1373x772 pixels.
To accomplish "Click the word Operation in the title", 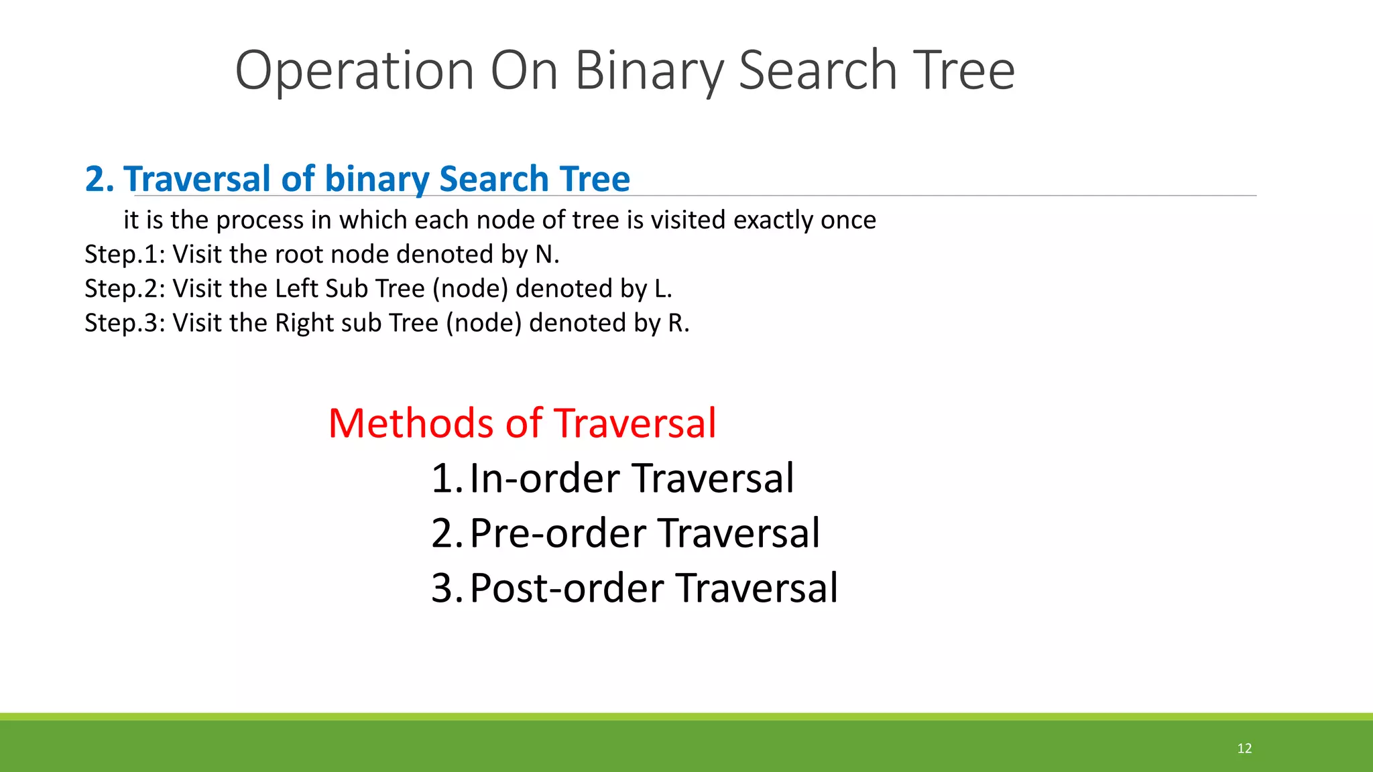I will [355, 71].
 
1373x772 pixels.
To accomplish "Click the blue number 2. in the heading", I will [99, 180].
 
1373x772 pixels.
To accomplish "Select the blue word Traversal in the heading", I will [197, 180].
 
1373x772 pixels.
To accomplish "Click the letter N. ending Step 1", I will [547, 255].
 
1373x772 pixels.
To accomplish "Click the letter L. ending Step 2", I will [662, 289].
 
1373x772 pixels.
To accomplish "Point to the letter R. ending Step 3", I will [678, 323].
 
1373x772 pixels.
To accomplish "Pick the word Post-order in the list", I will [566, 588].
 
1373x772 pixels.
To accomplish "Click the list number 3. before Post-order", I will [446, 588].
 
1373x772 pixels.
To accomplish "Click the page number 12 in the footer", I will [1244, 749].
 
